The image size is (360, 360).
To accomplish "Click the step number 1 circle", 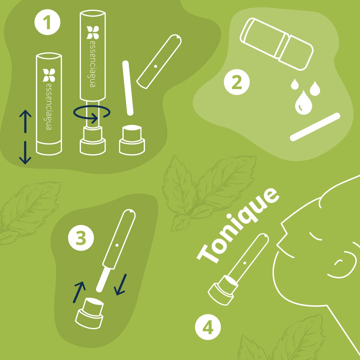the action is coord(47,22).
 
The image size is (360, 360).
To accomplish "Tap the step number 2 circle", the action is coord(237,82).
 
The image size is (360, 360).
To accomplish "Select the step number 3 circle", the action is coord(81,238).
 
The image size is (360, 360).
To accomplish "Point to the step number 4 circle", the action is coord(208,327).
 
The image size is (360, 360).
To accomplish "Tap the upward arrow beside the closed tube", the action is coord(25,121).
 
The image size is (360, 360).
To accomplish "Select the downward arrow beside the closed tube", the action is coord(25,153).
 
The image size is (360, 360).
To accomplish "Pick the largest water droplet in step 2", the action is coord(304,103).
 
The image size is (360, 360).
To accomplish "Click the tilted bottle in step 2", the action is coord(277,44).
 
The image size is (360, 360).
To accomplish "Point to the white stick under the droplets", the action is coord(315,127).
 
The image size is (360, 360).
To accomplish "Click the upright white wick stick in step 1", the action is coord(128,88).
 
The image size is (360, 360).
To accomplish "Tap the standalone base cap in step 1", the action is coord(132,140).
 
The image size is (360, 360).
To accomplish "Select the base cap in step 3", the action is coord(89,313).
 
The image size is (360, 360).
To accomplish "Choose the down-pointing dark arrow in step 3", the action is coord(120,285).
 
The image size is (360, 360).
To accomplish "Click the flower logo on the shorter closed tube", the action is coord(49,75).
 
